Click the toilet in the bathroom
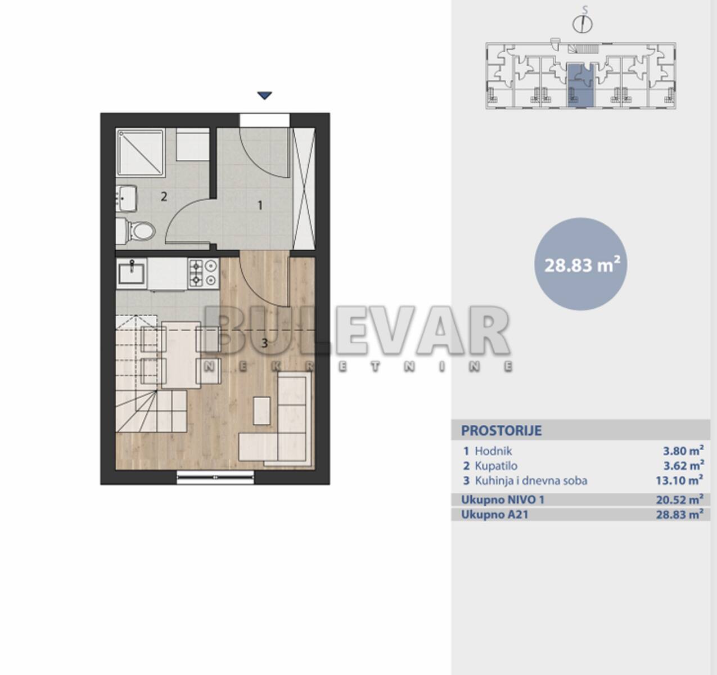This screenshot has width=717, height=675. point(137,231)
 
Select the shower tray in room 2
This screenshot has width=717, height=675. point(141,152)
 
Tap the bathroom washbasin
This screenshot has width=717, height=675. point(126,198)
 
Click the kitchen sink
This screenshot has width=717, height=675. point(132,273)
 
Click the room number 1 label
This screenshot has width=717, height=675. point(260,205)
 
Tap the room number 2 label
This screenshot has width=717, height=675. point(164,197)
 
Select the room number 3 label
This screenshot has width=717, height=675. point(265,343)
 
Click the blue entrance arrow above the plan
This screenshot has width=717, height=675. point(265,96)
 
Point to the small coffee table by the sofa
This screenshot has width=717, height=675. point(261,411)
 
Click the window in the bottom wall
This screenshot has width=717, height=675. point(215,477)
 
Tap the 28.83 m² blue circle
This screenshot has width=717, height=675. point(580,264)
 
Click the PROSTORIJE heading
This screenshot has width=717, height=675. point(502,430)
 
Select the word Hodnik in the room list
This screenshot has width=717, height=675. point(493,451)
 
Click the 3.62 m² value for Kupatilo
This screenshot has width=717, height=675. point(683,466)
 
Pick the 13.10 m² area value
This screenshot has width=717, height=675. point(679,480)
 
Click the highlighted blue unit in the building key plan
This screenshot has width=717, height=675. point(580,85)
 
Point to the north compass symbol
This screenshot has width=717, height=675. point(583,21)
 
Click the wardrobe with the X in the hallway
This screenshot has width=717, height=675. point(304,188)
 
